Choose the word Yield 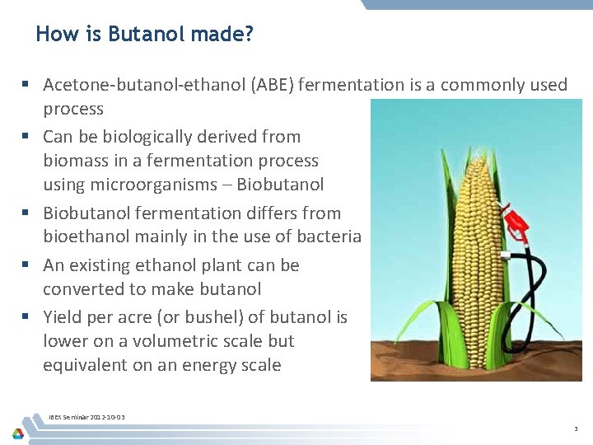[63, 317]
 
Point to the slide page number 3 [576, 429]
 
